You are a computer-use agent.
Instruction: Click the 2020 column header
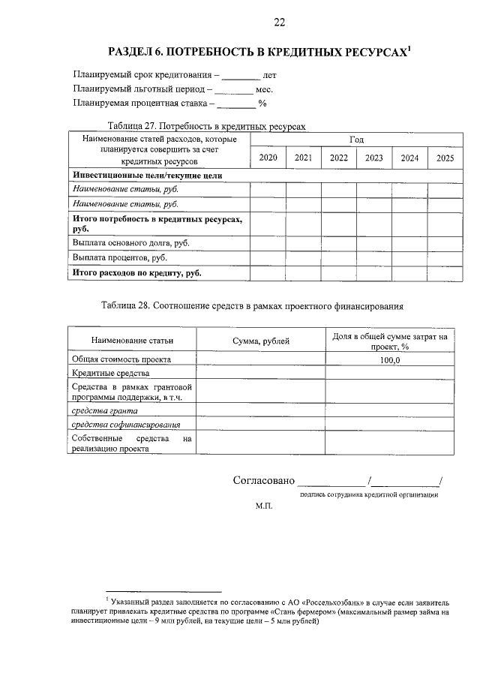tap(268, 158)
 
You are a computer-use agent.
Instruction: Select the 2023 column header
tap(374, 158)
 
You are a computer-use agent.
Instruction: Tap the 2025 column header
tap(445, 158)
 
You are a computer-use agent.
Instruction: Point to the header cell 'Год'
tap(356, 140)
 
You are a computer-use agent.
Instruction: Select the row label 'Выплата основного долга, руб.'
tap(127, 243)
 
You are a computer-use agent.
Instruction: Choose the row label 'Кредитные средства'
tap(111, 373)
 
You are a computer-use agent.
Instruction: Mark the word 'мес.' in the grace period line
tap(265, 89)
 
